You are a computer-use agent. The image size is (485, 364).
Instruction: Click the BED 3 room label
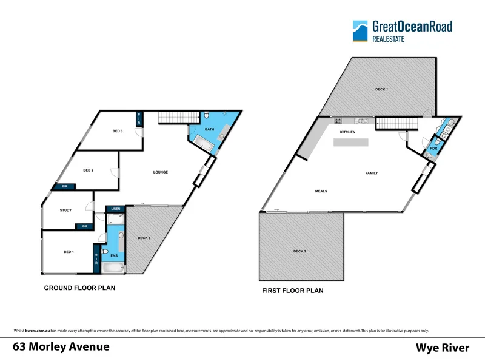point(118,131)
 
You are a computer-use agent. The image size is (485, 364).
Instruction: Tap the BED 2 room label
point(88,170)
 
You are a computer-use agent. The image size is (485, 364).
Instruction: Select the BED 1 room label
point(69,251)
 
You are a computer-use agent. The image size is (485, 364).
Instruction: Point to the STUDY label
point(65,211)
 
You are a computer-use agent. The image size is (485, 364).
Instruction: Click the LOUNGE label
point(160,172)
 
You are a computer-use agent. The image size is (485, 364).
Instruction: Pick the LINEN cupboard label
point(116,209)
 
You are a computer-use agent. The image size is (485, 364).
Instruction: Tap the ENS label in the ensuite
point(113,255)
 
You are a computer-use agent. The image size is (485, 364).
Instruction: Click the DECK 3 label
point(144,238)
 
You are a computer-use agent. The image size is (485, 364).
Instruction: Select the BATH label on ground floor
point(209,129)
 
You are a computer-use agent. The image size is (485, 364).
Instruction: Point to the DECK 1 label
point(381,89)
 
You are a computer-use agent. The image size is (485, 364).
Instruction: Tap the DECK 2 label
point(299,251)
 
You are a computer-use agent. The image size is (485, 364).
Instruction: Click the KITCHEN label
point(347,132)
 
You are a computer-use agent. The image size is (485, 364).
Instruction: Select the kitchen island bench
point(351,143)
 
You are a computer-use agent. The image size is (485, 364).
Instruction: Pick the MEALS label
point(321,191)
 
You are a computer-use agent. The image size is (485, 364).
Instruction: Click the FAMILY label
point(371,173)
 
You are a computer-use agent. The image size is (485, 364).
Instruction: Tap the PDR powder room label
point(433,148)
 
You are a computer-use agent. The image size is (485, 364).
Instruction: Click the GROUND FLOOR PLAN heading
point(79,288)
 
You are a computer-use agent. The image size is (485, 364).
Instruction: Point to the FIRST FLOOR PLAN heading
point(292,291)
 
